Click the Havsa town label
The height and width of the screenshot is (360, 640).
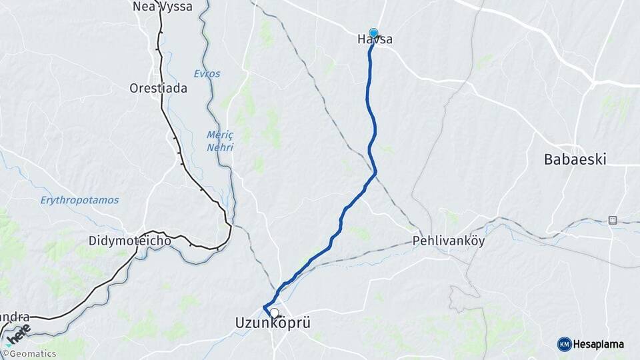[x=374, y=40]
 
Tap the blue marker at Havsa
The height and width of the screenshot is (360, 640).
[x=373, y=33]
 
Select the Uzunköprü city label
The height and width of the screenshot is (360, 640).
[x=273, y=323]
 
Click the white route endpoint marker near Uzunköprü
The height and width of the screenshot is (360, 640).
[x=274, y=312]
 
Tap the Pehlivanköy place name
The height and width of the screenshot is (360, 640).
[x=449, y=241]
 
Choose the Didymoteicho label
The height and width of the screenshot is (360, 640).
[x=130, y=240]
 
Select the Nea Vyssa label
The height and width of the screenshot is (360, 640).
[x=163, y=7]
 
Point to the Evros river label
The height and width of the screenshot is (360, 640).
[x=207, y=73]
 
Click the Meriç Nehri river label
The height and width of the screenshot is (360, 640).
[x=219, y=141]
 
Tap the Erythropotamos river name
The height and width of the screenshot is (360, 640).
[x=79, y=200]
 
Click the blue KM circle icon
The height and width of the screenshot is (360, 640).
[x=564, y=344]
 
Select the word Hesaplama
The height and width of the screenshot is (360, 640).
[x=599, y=344]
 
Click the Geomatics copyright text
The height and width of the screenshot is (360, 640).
[x=33, y=354]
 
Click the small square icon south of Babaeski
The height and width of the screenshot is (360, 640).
[x=613, y=220]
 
